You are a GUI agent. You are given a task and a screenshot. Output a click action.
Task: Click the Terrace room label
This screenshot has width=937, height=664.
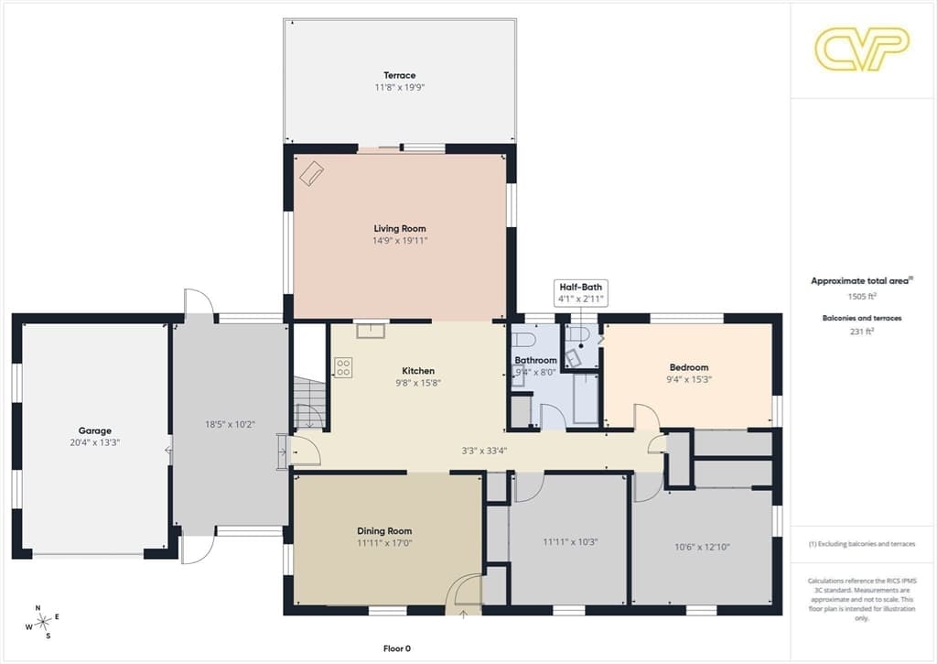[x=399, y=75]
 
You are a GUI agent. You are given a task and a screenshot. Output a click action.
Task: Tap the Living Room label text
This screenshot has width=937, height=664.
[x=400, y=229]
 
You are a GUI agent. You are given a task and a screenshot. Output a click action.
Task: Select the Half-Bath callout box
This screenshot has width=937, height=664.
[x=581, y=293]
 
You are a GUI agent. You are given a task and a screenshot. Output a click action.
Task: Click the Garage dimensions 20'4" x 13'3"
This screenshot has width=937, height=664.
[x=95, y=442]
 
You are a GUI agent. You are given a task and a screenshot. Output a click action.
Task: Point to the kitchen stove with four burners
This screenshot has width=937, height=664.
[x=343, y=367]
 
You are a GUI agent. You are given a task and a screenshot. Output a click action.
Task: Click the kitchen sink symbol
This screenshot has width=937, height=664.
[x=371, y=331]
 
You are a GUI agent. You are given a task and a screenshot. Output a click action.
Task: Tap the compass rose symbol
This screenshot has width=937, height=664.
[x=42, y=622]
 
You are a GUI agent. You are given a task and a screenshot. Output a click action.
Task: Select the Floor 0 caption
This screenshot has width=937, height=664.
[x=397, y=648]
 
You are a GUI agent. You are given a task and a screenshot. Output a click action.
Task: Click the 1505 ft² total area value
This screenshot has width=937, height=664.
[x=862, y=296]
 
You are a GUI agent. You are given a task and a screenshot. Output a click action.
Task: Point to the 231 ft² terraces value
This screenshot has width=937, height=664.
[x=862, y=331]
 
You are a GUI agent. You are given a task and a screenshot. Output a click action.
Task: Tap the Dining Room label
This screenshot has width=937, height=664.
[x=384, y=531]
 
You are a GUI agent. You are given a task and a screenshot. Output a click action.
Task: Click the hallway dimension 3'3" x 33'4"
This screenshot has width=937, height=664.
[x=484, y=451]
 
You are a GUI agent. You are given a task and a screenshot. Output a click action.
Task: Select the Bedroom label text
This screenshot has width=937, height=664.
[x=689, y=367]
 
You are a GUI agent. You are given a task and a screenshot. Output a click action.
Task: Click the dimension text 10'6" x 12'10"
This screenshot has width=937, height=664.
[x=702, y=547]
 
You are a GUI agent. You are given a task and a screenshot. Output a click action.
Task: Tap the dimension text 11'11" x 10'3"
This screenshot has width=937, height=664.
[x=570, y=542]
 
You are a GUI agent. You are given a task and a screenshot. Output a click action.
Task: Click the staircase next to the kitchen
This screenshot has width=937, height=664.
[x=309, y=403]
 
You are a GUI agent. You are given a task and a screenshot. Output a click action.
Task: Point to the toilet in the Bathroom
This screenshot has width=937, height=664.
[x=523, y=339]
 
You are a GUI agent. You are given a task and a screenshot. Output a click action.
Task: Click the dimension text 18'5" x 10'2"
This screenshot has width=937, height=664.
[x=230, y=424]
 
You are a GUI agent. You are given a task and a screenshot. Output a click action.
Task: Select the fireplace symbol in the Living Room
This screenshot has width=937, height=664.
[x=311, y=173]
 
